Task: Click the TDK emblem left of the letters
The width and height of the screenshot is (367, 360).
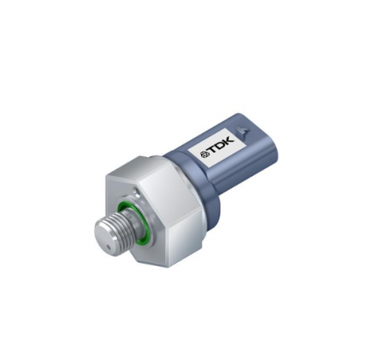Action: [206, 154]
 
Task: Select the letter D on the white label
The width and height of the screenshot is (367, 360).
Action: [222, 145]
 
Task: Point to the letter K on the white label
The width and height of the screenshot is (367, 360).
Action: [229, 141]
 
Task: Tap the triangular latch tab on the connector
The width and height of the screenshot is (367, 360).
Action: [243, 131]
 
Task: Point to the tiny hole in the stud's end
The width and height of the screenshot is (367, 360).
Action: [108, 247]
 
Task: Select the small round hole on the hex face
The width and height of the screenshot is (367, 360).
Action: [138, 190]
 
